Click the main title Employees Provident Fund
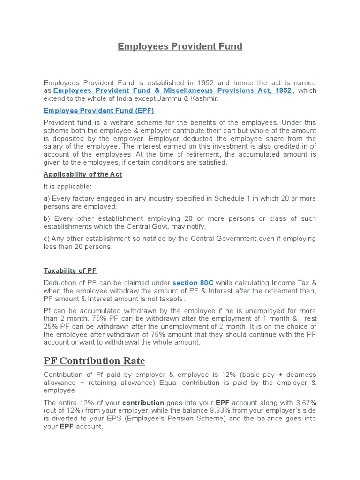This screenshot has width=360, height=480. (180, 46)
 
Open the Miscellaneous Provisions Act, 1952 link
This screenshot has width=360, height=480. (172, 90)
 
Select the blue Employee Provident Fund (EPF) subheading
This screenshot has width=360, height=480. (98, 111)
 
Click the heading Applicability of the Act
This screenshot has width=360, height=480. (82, 174)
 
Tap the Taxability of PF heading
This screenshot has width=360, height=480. (70, 270)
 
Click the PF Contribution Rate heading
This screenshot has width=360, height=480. (94, 361)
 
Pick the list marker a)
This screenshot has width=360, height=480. (47, 198)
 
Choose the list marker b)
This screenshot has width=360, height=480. (47, 218)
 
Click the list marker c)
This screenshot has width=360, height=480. (47, 239)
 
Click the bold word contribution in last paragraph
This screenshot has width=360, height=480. (143, 402)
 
